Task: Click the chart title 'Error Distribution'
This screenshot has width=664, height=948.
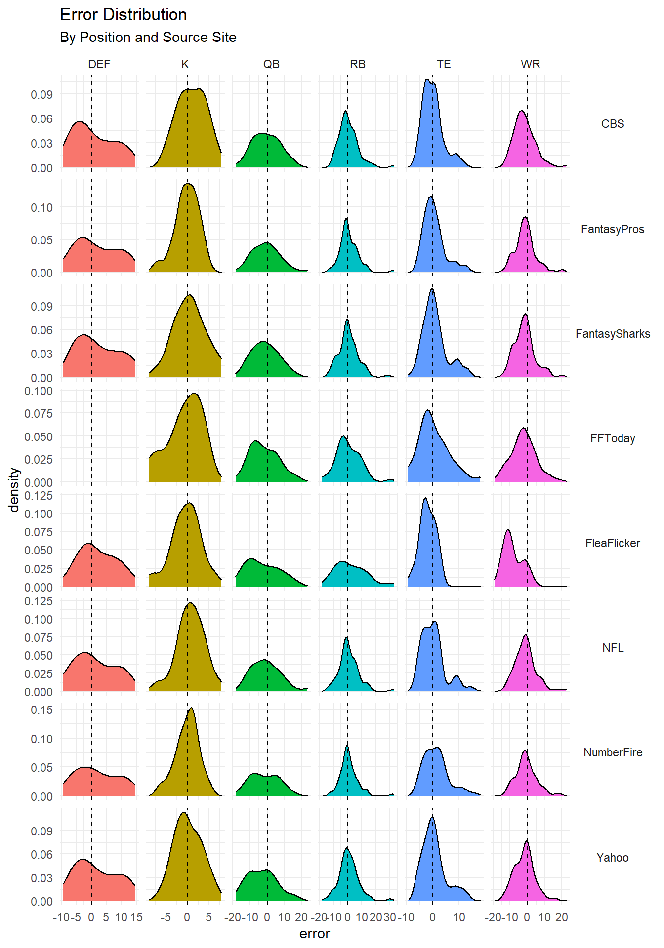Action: (x=123, y=15)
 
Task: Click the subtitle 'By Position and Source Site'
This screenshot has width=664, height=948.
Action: (x=148, y=38)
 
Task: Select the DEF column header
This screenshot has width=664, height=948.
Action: (x=99, y=64)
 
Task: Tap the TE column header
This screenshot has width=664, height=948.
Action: (x=443, y=64)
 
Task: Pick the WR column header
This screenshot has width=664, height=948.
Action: (x=530, y=64)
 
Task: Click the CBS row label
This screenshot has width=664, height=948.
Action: (x=612, y=124)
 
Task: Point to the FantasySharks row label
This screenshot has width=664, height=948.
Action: (x=612, y=334)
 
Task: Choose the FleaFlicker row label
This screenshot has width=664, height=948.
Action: (x=612, y=543)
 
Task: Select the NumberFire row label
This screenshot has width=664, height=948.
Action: (x=612, y=752)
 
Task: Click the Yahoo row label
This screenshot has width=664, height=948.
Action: (x=612, y=858)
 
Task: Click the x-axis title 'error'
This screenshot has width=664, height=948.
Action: (x=314, y=934)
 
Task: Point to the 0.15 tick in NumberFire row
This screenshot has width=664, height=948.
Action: (x=42, y=710)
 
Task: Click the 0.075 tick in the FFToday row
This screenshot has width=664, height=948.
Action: (x=39, y=413)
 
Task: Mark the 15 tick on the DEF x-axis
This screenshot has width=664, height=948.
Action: (x=136, y=917)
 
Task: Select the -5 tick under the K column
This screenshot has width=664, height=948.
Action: (x=166, y=917)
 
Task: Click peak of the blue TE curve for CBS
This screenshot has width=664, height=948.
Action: (x=427, y=79)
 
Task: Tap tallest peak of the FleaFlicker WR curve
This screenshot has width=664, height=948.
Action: (x=508, y=530)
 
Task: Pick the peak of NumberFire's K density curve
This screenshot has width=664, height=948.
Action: (x=191, y=708)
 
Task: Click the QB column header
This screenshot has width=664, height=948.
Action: (x=271, y=64)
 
